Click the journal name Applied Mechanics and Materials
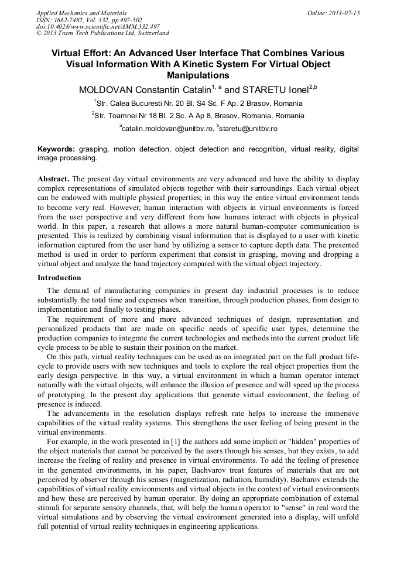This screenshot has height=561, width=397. coord(81,13)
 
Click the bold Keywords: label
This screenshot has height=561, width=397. coord(56,149)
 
